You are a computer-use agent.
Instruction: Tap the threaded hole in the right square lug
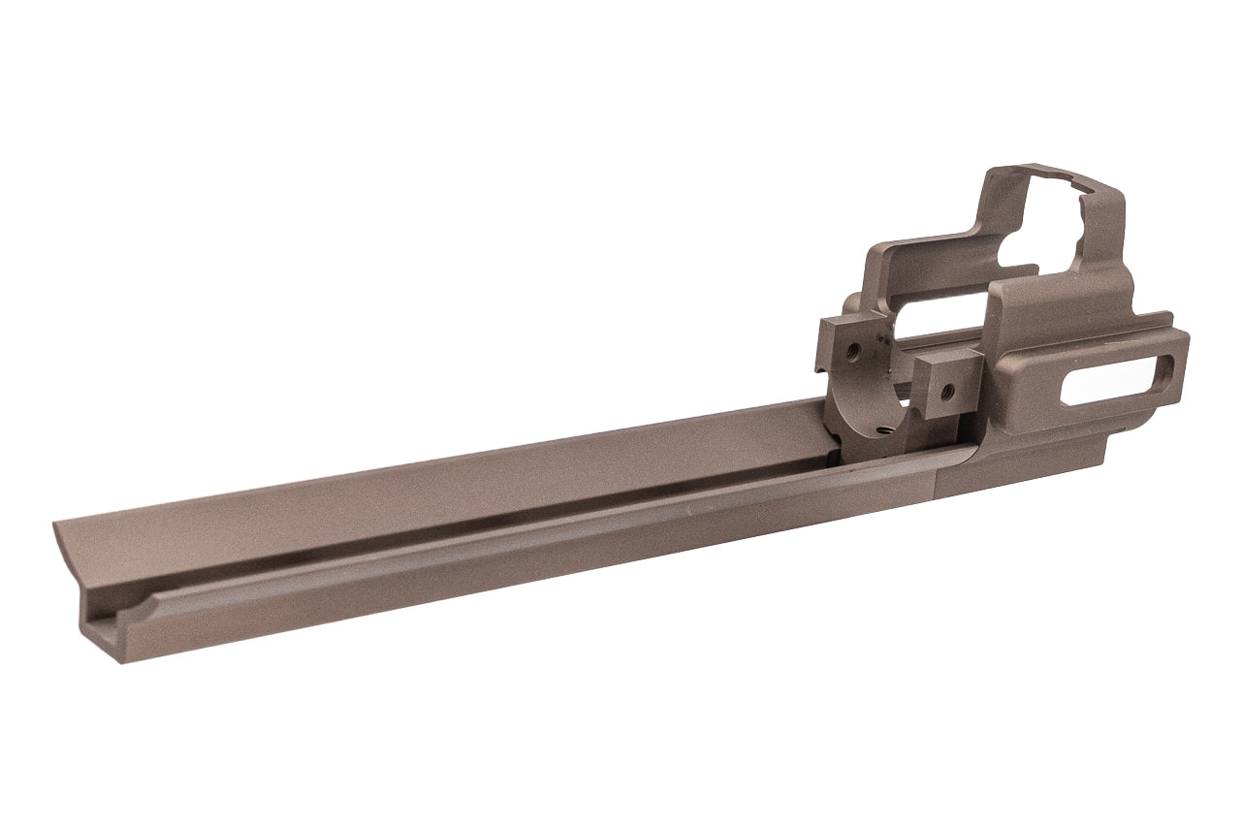(947, 392)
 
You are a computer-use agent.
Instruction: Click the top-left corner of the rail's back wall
(55, 525)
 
